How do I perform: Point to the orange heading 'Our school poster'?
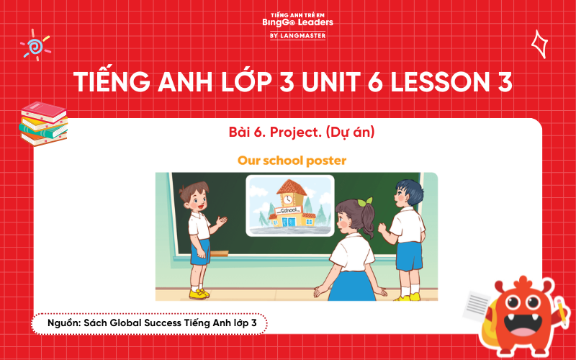(x=292, y=160)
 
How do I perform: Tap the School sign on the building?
(x=289, y=210)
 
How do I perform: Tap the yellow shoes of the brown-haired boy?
(x=199, y=293)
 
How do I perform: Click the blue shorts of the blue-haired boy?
(x=409, y=256)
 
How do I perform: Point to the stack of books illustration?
(x=44, y=123)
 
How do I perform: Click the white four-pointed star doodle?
(x=539, y=44)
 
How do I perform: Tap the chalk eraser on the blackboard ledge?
(x=219, y=253)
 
